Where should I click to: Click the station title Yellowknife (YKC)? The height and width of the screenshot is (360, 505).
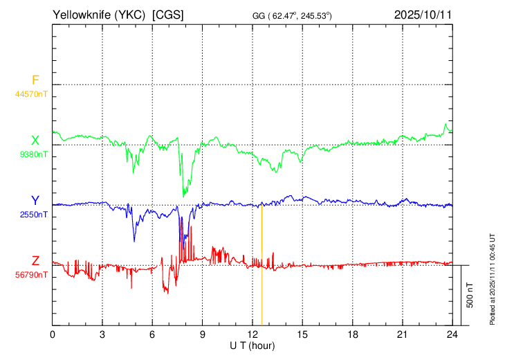(99, 15)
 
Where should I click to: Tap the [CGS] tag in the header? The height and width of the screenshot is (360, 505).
(168, 15)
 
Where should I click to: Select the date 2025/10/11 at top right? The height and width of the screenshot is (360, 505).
(423, 15)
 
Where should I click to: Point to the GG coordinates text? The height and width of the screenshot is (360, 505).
(292, 15)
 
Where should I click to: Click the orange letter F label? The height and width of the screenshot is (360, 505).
(35, 80)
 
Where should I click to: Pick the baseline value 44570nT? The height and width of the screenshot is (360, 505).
(31, 94)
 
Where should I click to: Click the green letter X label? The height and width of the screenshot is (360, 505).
(35, 141)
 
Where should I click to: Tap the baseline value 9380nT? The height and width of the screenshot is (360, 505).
(33, 154)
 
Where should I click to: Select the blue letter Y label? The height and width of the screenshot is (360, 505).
(35, 201)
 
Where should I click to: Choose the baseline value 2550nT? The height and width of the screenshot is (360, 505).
(33, 215)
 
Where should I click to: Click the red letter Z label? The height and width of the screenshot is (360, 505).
(35, 260)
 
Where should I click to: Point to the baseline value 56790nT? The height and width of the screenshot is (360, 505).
(31, 275)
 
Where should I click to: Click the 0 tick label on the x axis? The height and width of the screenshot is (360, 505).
(52, 334)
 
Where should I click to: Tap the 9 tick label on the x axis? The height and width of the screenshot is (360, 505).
(202, 334)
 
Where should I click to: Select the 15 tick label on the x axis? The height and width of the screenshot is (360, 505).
(302, 334)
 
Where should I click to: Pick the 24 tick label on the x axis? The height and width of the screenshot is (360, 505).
(452, 334)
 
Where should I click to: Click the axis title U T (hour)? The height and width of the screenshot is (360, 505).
(252, 346)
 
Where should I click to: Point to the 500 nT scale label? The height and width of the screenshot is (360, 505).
(470, 295)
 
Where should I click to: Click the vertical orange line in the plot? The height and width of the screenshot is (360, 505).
(262, 265)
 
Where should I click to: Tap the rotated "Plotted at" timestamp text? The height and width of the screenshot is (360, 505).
(492, 279)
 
